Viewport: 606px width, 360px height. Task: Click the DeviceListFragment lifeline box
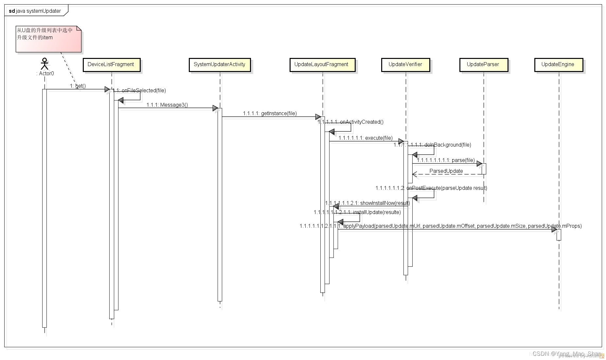coord(111,65)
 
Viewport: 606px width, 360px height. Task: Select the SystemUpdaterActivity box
coord(220,65)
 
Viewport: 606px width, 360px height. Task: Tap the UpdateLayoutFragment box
coord(322,65)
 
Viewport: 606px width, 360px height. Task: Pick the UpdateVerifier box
coord(405,65)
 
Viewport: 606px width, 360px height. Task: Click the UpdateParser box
coord(483,65)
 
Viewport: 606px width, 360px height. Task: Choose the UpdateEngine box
coord(558,65)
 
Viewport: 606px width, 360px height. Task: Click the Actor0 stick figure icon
coord(45,64)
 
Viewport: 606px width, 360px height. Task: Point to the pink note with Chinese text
coord(48,39)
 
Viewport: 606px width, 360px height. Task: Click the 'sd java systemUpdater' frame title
coord(35,11)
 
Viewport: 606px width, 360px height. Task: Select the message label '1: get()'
coord(78,86)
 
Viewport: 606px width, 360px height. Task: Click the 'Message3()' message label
coord(167,105)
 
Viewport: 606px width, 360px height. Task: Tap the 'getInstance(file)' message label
coord(270,113)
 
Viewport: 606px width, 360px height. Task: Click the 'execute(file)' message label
coord(365,138)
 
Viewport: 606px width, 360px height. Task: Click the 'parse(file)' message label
coord(446,160)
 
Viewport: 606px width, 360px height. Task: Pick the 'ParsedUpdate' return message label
coord(446,171)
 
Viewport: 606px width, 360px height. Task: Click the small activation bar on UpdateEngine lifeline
coord(559,235)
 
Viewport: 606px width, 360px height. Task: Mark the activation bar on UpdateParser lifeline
coord(484,169)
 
